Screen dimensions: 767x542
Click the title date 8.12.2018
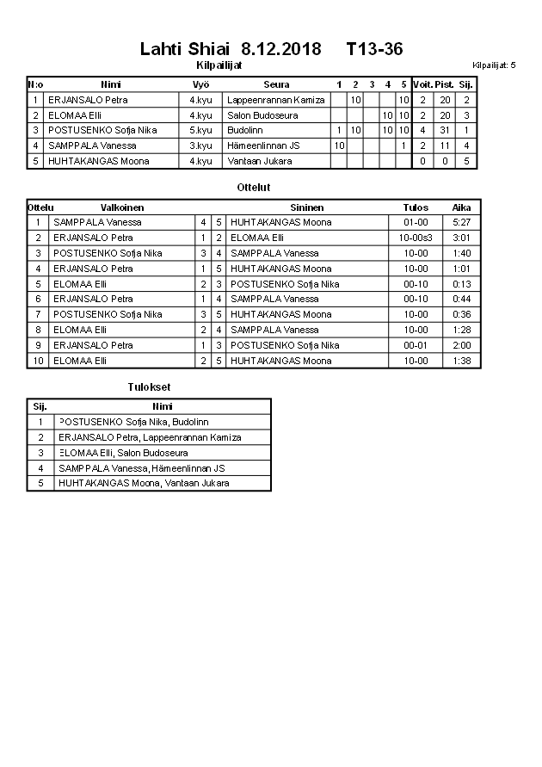tap(281, 49)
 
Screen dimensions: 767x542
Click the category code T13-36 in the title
tap(374, 49)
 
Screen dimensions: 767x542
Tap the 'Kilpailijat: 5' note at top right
tap(494, 65)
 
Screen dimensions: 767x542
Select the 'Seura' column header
tap(276, 84)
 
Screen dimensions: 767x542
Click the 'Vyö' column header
tap(200, 84)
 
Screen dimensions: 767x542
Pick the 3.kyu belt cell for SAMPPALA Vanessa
tap(200, 145)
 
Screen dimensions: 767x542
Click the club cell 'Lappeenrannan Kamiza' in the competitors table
tap(275, 100)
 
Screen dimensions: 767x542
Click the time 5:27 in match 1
tap(462, 222)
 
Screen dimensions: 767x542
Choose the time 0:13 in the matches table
tap(462, 284)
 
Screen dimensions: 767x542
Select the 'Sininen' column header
tap(307, 207)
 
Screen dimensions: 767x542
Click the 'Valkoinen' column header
tap(122, 207)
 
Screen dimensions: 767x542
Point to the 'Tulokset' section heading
tap(148, 387)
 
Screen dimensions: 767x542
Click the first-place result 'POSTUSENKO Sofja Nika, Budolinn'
tap(133, 422)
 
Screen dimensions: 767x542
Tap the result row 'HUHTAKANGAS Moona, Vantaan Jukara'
tap(144, 483)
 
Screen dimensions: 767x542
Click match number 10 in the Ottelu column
tap(38, 361)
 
